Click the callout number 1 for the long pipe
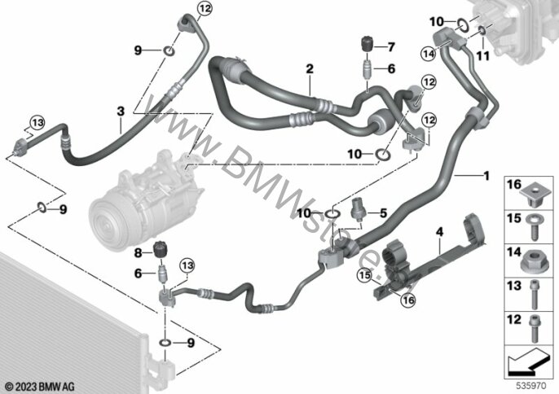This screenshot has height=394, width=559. (486, 175)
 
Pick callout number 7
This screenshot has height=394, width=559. (390, 45)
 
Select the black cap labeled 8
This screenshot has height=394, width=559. (161, 248)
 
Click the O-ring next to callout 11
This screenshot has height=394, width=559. (482, 33)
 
